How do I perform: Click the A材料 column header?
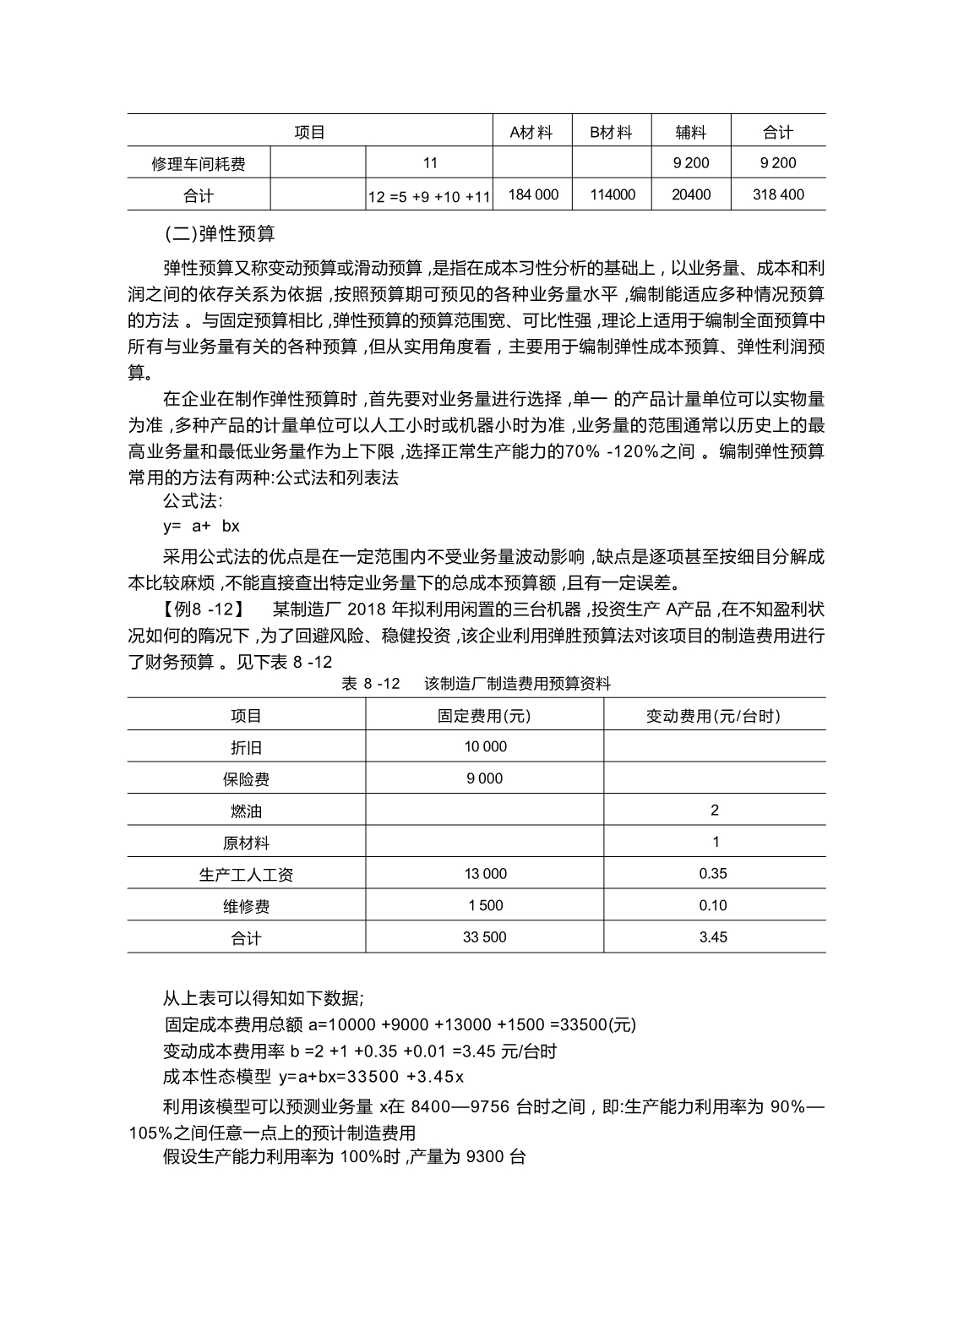[531, 132]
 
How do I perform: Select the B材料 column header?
[611, 132]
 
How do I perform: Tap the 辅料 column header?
[690, 132]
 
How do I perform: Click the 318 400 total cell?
[778, 194]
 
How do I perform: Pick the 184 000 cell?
[533, 194]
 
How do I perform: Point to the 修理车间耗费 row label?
[199, 164]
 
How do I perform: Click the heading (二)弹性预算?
[220, 232]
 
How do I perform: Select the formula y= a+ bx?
[201, 526]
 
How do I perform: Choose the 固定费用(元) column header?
[484, 716]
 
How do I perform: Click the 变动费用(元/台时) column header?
[714, 716]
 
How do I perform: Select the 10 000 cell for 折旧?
[485, 747]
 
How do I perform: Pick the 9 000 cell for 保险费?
[484, 778]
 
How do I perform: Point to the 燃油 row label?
[246, 811]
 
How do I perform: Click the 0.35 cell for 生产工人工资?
[713, 874]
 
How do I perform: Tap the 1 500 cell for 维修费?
[485, 906]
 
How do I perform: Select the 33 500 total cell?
[484, 937]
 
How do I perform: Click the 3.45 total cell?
[713, 937]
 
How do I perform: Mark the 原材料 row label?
[246, 844]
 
